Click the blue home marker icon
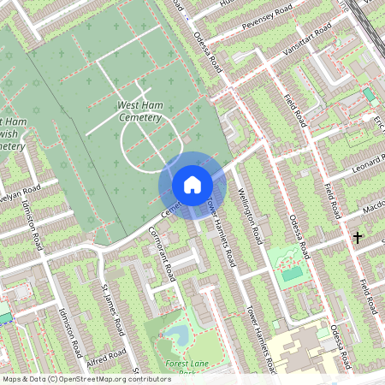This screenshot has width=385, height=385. click(x=192, y=184)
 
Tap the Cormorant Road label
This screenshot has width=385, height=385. click(x=163, y=247)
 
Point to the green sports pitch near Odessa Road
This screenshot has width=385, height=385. click(x=290, y=273)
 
